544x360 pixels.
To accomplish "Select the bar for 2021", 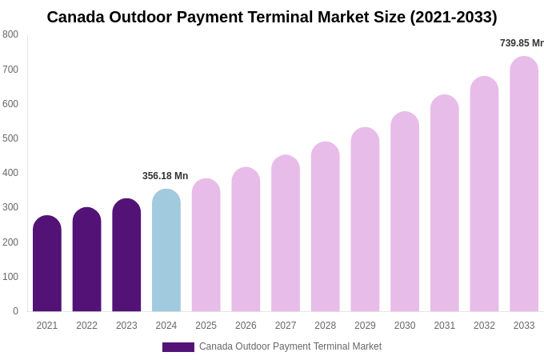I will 47,264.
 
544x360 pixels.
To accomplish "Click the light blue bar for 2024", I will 166,251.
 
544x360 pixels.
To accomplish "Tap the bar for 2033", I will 524,185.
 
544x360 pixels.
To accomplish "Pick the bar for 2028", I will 325,227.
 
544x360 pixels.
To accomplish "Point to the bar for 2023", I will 126,256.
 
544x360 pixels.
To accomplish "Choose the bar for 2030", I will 405,212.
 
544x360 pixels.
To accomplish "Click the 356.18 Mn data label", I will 165,176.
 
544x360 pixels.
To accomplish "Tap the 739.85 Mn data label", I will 522,43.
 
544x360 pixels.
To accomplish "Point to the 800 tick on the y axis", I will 10,34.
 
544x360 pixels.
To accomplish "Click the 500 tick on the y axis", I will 10,138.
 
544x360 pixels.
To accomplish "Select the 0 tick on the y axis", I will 15,311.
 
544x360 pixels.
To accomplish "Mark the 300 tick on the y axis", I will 10,207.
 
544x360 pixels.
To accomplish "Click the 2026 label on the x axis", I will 246,326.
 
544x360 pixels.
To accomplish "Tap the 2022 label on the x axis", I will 86,326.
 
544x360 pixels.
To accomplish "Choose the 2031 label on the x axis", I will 444,326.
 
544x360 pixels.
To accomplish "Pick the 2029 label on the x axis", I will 365,326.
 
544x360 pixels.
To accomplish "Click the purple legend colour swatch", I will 178,347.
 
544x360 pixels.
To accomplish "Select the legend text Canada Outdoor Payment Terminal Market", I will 290,346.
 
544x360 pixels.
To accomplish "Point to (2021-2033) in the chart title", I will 454,17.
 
